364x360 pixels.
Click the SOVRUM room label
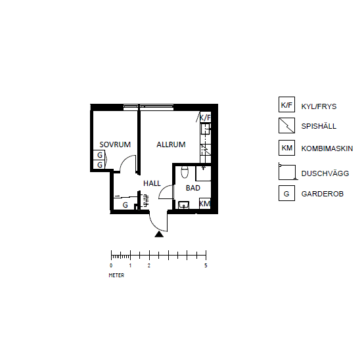tap(115, 145)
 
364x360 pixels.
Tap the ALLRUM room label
tap(171, 145)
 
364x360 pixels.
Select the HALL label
tap(152, 183)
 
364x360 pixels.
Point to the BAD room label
tap(193, 188)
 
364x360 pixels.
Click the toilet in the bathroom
tap(185, 172)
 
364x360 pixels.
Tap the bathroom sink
tap(183, 205)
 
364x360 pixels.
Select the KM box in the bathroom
tap(205, 204)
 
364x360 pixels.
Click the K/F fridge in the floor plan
tap(205, 118)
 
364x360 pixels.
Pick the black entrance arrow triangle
tap(159, 235)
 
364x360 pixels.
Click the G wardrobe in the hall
tap(125, 204)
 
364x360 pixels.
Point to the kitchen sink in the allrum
tap(205, 129)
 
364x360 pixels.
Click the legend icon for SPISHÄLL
tap(286, 125)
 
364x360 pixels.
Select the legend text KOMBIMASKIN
tap(327, 148)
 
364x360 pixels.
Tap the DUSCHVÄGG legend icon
tap(288, 171)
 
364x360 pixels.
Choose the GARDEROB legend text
tap(322, 194)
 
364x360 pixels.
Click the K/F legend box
tap(286, 104)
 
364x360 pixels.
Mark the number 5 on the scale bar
tap(206, 265)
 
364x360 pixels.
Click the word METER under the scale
tap(116, 275)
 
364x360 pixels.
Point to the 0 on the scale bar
tap(111, 265)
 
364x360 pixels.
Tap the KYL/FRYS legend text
tap(319, 106)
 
